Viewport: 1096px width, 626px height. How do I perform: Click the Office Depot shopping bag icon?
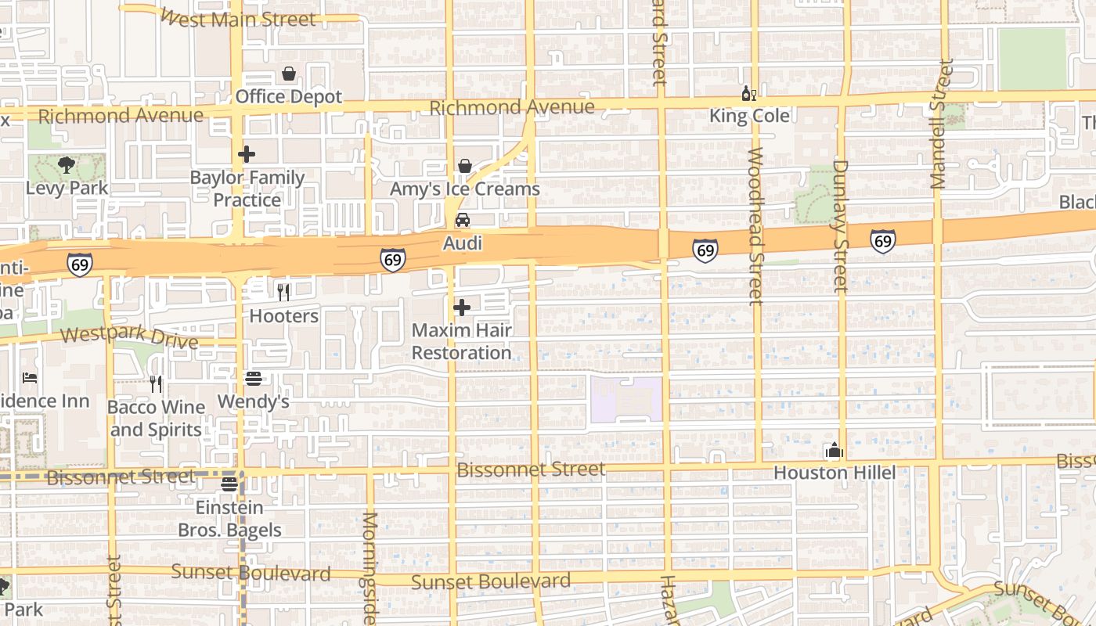(x=289, y=74)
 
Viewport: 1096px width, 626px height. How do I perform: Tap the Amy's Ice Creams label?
(x=465, y=189)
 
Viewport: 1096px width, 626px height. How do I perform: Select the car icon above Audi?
(x=463, y=220)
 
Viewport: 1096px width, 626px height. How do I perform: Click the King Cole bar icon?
(x=748, y=94)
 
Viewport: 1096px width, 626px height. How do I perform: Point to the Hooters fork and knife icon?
(x=283, y=293)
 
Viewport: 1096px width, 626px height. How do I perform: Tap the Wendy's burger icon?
(x=253, y=379)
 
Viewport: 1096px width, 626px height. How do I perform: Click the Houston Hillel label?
(x=835, y=473)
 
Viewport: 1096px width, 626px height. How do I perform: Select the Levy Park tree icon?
(x=67, y=165)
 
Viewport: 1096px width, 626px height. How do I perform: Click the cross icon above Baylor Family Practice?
(x=247, y=154)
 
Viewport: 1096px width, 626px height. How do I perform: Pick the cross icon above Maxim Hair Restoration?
(x=462, y=308)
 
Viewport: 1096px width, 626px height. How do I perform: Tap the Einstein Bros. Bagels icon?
(x=229, y=484)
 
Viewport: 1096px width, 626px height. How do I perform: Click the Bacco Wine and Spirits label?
(x=156, y=418)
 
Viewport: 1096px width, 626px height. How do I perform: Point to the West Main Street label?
(x=238, y=18)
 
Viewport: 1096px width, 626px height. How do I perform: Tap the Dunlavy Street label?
(x=841, y=225)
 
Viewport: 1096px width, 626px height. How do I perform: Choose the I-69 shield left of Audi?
(x=392, y=260)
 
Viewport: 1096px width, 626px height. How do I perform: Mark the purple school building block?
(x=626, y=399)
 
